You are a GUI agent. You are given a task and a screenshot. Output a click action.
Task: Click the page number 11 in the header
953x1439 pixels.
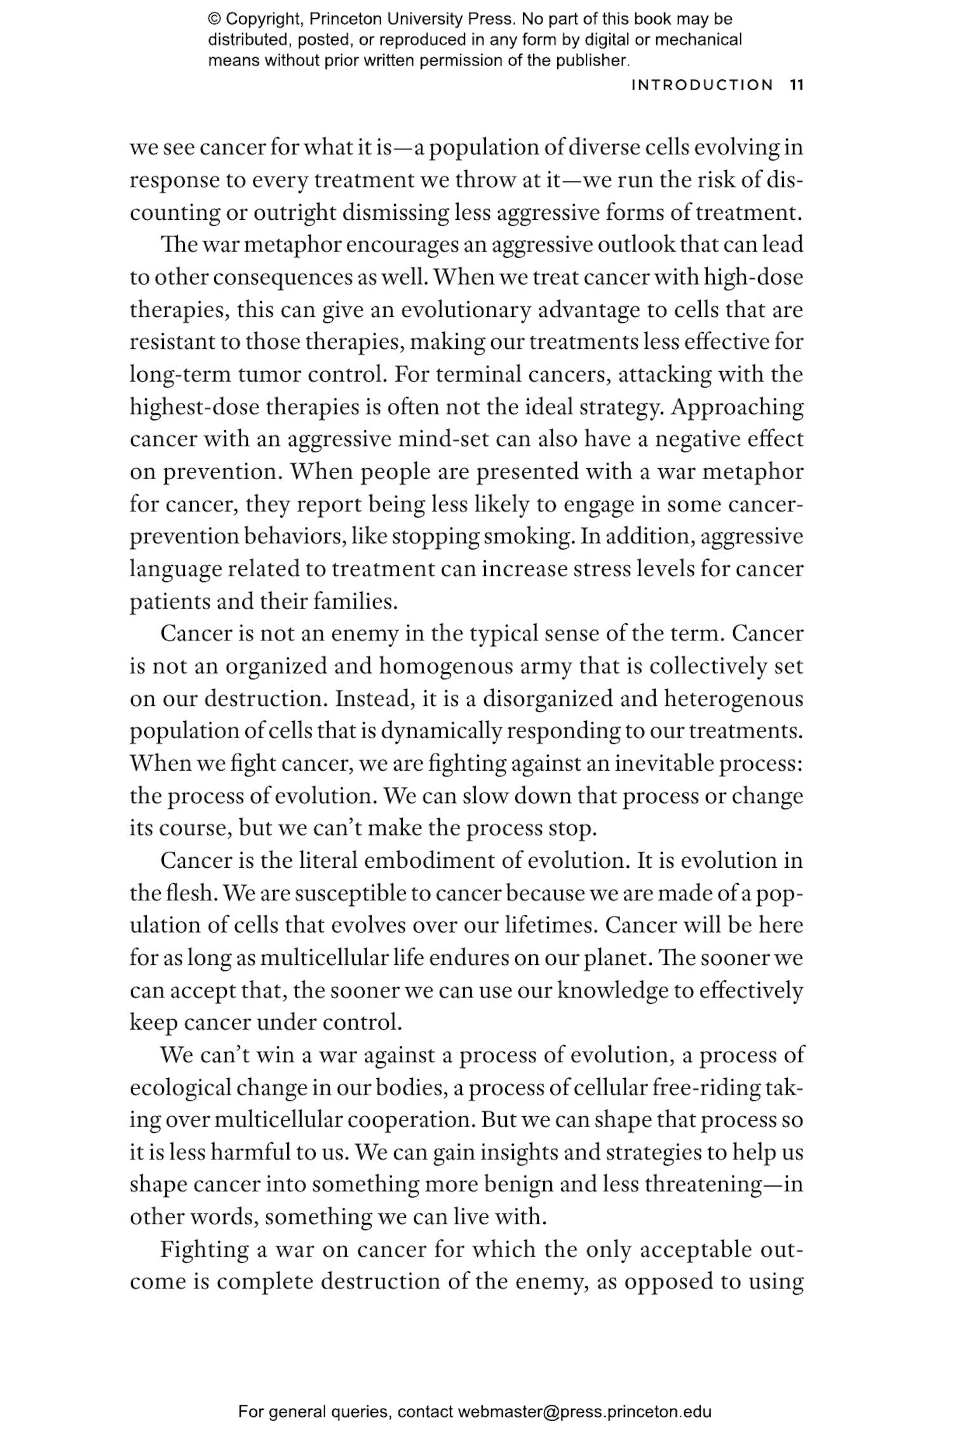pyautogui.click(x=797, y=85)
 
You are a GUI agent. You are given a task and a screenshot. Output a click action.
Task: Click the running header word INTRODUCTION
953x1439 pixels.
pyautogui.click(x=702, y=85)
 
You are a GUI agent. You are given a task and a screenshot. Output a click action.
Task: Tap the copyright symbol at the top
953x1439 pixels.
pyautogui.click(x=214, y=19)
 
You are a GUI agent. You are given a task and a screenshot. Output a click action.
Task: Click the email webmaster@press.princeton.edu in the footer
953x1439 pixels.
pyautogui.click(x=584, y=1412)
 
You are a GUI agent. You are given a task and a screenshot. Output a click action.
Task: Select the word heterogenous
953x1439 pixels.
pyautogui.click(x=733, y=698)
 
